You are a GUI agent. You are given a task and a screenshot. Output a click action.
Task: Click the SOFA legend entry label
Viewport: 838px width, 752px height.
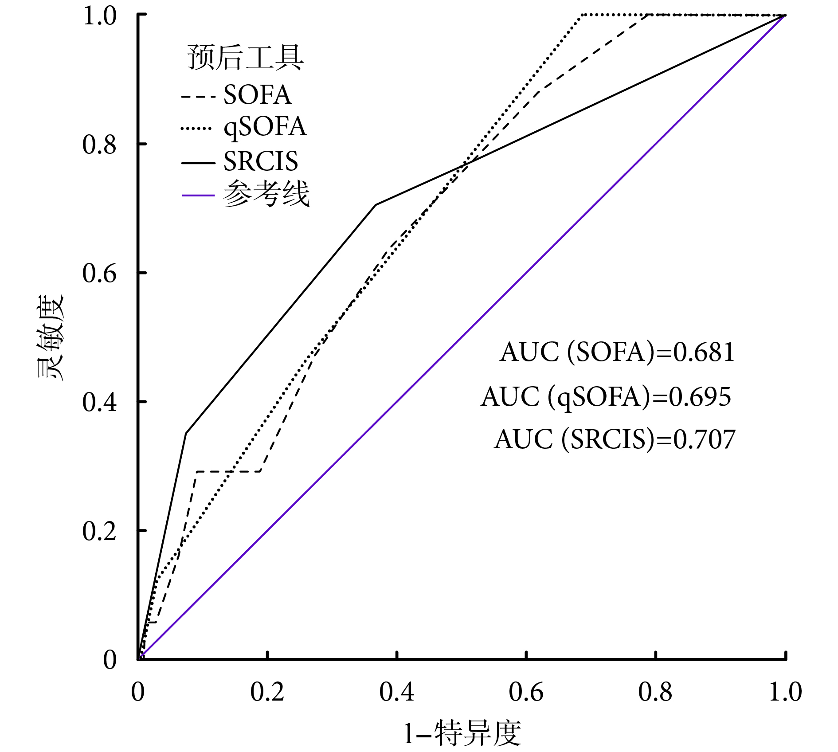pos(257,95)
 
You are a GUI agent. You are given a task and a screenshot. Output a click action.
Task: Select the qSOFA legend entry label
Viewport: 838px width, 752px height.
pos(265,127)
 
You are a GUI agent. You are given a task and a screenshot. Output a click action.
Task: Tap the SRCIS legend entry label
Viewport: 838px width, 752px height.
pos(261,161)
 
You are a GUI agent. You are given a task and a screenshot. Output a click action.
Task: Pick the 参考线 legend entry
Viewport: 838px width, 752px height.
pos(266,194)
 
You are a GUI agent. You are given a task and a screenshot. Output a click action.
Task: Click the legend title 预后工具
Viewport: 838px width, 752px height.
pos(246,58)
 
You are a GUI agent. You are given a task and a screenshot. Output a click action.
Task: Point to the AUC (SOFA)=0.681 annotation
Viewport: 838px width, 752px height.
pos(617,353)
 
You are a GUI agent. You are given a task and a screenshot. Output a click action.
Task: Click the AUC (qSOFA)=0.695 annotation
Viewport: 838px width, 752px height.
pos(606,397)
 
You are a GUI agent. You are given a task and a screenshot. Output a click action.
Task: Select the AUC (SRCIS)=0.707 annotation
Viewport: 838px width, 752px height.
pos(615,439)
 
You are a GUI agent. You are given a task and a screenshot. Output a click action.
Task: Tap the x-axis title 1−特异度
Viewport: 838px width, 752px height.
pos(462,733)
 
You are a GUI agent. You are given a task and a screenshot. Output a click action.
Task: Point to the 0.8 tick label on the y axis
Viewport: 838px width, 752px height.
pos(99,145)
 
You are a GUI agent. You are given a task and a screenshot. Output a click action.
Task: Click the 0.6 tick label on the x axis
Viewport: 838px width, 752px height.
pos(526,692)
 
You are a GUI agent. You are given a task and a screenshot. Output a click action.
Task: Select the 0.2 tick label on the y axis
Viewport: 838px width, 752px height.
pos(99,531)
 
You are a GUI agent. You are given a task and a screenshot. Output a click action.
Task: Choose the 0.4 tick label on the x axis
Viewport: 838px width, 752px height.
pos(397,692)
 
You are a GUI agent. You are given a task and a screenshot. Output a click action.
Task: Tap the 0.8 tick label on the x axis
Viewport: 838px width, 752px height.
pos(655,692)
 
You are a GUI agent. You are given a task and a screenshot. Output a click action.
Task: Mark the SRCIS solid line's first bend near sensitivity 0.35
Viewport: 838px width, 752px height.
pos(186,433)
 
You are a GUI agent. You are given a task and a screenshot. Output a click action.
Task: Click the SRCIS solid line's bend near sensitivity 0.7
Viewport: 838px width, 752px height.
pos(376,205)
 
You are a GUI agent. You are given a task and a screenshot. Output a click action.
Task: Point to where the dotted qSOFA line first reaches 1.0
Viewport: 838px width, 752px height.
pos(582,15)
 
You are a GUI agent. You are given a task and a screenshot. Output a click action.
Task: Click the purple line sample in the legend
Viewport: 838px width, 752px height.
pos(198,196)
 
